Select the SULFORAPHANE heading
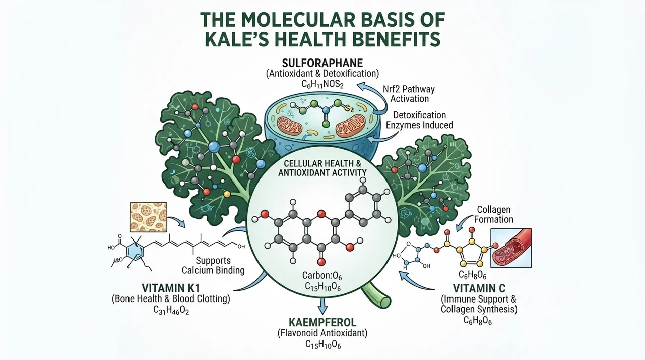322,63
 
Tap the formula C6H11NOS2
322,84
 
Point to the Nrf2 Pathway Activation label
409,94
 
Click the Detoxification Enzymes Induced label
420,120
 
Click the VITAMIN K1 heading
171,288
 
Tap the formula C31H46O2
171,310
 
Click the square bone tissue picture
149,217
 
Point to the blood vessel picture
511,248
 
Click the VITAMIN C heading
479,288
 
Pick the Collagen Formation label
493,214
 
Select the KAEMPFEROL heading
322,322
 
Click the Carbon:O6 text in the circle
322,276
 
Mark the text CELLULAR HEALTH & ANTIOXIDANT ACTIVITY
322,168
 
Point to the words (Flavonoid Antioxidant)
322,333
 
